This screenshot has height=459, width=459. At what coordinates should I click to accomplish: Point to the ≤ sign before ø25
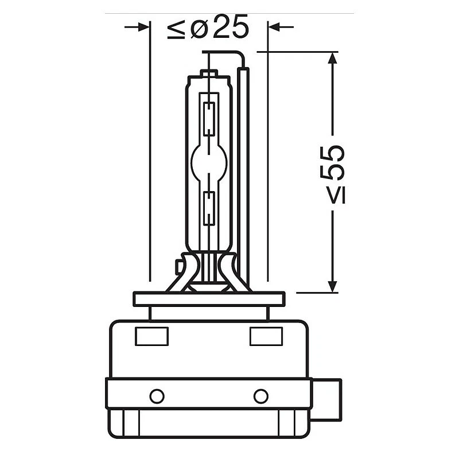175,29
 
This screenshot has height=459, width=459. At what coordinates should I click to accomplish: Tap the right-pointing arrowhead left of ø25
143,27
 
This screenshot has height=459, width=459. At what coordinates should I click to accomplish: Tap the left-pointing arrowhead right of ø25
274,27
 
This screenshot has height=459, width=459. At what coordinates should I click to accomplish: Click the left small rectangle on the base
151,336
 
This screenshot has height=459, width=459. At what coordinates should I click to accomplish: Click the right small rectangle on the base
266,336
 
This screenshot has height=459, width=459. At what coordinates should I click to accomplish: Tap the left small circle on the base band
157,396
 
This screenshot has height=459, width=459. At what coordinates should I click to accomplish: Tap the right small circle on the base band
261,396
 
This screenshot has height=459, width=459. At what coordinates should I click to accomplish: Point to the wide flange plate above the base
209,299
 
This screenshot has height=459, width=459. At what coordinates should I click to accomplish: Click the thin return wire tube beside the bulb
244,172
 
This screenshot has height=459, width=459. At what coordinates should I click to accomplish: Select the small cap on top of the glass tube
209,74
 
